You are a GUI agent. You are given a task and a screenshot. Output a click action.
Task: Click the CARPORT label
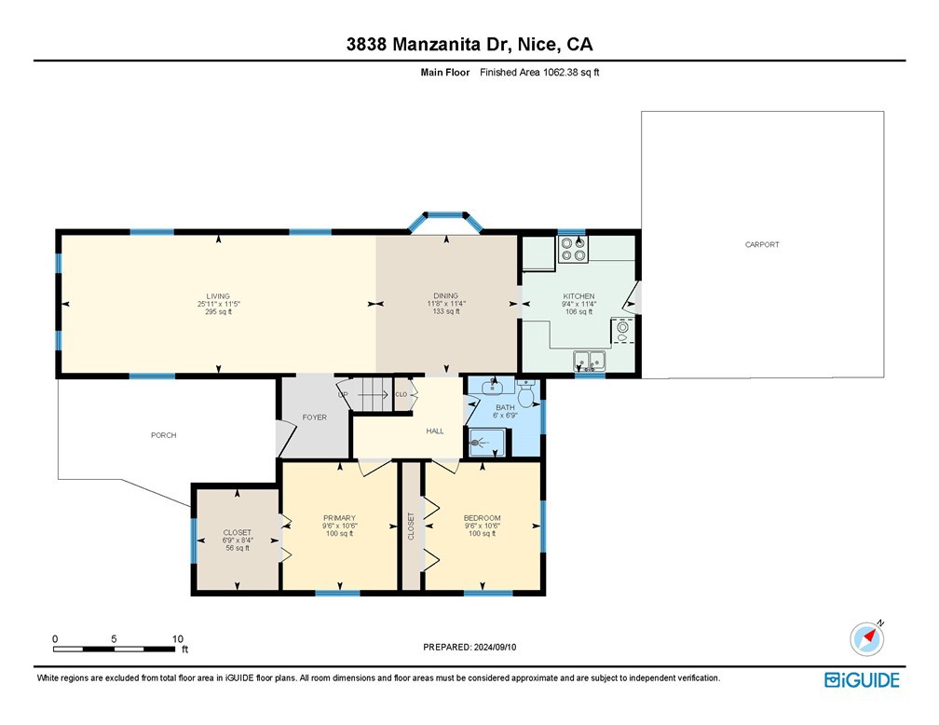click(762, 244)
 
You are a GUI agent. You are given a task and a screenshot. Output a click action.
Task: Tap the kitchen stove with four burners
click(573, 249)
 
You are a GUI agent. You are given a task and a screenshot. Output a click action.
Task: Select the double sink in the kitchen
click(590, 360)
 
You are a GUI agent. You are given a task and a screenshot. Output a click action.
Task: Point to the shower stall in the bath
click(487, 443)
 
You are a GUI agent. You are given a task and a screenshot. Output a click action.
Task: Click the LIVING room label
click(218, 296)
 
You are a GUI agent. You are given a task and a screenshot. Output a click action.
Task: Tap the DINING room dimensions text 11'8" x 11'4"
click(445, 304)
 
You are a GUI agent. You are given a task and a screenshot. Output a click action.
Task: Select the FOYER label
click(315, 417)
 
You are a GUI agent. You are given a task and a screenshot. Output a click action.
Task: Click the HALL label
click(435, 431)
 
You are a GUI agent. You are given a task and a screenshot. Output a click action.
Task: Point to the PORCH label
click(164, 435)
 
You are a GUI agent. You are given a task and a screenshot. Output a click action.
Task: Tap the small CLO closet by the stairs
click(401, 394)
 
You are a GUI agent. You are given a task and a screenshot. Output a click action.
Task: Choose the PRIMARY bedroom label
click(339, 518)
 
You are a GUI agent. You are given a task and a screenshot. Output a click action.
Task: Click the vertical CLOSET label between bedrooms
click(411, 527)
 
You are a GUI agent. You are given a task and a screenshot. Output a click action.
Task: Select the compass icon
click(867, 638)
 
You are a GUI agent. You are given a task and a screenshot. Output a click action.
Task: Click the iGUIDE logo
click(862, 680)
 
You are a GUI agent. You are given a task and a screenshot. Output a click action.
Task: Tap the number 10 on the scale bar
click(177, 638)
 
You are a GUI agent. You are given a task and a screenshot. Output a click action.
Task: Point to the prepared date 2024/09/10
click(495, 647)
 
